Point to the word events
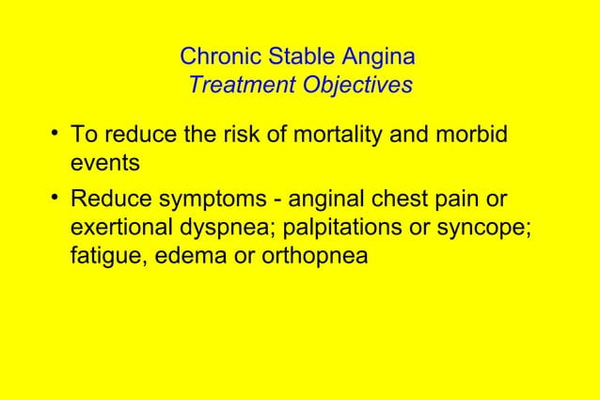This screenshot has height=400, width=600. pos(105,163)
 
